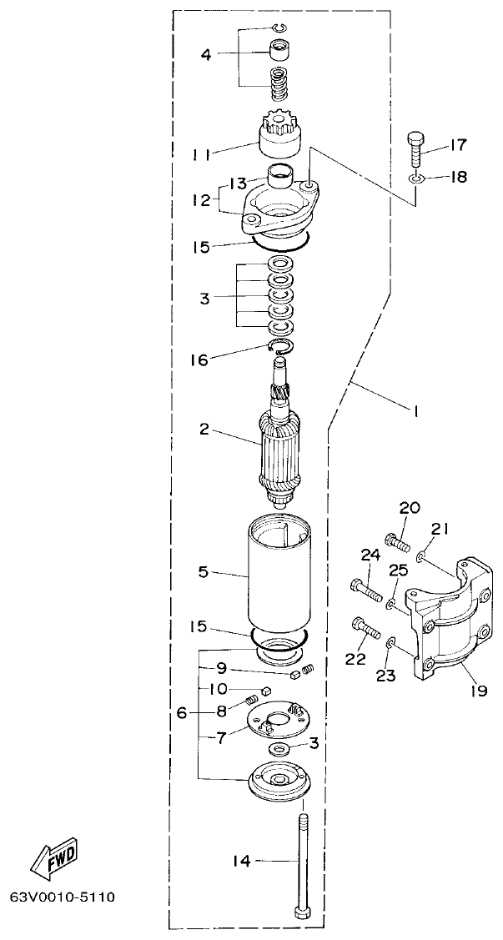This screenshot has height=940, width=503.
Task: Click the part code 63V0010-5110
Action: coord(62,897)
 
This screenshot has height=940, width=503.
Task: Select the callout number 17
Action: coord(458,145)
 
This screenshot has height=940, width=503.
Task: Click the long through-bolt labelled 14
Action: coord(302,867)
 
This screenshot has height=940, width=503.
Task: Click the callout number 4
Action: coord(205,55)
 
